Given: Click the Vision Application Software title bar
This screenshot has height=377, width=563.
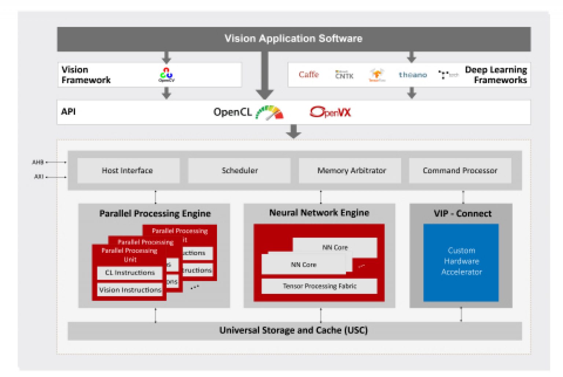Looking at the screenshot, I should [294, 39].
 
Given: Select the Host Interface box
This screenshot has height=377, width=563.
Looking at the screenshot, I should [128, 171].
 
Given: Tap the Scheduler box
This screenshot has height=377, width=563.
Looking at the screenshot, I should [239, 171].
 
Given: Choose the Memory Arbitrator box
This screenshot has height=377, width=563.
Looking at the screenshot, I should [350, 171].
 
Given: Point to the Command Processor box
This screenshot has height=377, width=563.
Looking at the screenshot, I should [460, 171].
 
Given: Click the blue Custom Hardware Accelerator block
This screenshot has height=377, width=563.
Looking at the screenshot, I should [461, 262].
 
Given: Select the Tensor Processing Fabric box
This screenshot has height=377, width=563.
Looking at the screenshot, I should [319, 286].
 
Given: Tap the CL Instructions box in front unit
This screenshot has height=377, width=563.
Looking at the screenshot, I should [130, 273].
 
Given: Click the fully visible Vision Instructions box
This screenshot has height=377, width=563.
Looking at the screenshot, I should [130, 290].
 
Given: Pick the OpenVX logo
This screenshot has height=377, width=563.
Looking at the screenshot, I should [330, 112].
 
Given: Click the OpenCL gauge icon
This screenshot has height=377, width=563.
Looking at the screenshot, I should [270, 113].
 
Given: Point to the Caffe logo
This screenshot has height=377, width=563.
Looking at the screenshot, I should [309, 75].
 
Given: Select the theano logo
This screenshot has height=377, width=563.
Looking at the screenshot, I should [413, 75].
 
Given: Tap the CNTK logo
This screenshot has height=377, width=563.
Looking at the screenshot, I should [344, 75].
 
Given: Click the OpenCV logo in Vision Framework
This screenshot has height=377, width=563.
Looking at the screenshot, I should [166, 75].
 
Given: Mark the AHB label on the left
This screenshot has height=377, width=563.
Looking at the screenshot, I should [38, 162].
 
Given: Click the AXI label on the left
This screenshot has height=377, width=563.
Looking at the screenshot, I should [38, 177].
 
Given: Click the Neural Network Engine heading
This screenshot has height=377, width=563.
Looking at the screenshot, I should [319, 213].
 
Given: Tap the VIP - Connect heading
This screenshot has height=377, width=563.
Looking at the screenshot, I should [462, 214].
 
